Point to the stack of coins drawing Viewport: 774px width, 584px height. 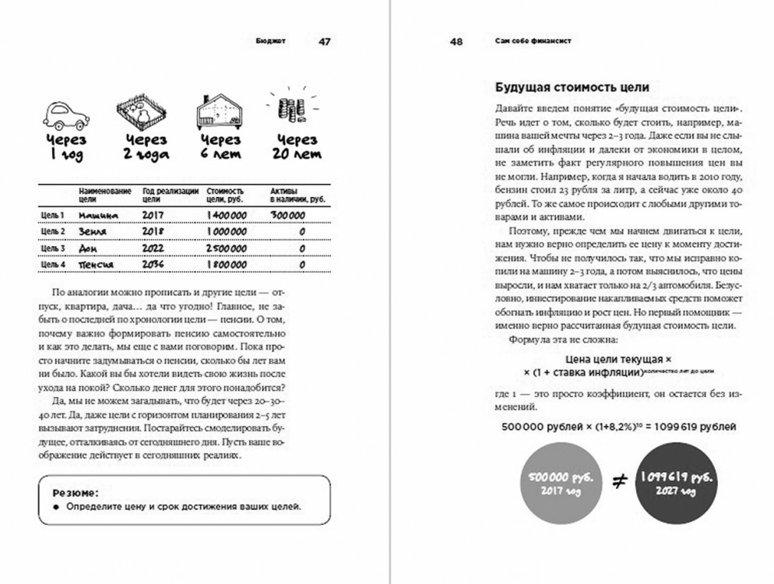[x=290, y=109]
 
